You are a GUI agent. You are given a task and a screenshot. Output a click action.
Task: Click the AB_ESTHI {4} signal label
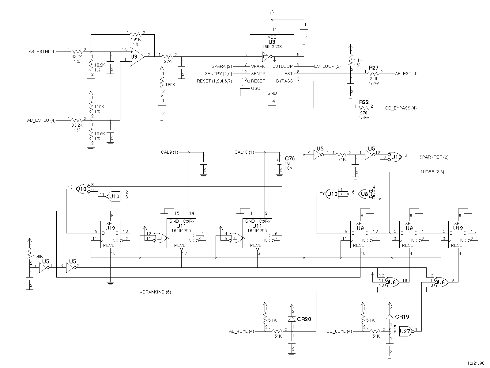pos(42,52)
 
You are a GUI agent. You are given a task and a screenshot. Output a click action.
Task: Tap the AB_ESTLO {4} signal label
pos(41,120)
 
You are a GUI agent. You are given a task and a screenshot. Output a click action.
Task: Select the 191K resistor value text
pos(136,39)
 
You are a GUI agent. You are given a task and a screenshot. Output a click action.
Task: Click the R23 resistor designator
pos(373,68)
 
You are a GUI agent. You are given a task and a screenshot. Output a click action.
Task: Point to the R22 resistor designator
pos(364,102)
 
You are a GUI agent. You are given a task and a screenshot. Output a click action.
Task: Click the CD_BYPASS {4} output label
pos(401,108)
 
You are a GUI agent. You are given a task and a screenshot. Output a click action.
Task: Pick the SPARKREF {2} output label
pos(434,157)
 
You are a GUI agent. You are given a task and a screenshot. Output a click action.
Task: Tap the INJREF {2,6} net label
pos(432,172)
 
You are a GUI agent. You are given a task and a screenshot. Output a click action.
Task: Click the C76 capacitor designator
pos(290,159)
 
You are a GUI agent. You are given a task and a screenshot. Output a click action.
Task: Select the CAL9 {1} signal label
pos(169,152)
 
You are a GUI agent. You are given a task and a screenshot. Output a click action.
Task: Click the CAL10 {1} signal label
pos(244,152)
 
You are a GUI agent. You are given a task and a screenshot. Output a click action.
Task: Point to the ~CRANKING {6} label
pos(155,292)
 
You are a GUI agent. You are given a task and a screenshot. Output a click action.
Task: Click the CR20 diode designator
pos(304,319)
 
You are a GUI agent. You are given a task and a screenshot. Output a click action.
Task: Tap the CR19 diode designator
pos(402,316)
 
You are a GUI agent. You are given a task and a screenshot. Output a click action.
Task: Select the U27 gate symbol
pos(405,332)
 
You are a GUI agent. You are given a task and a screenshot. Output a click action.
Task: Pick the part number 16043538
pos(272,47)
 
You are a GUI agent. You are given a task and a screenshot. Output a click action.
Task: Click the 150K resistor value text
pos(38,256)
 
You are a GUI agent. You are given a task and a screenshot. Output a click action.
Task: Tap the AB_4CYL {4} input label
pos(242,332)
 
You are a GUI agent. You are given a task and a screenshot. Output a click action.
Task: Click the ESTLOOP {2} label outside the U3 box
pos(327,66)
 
